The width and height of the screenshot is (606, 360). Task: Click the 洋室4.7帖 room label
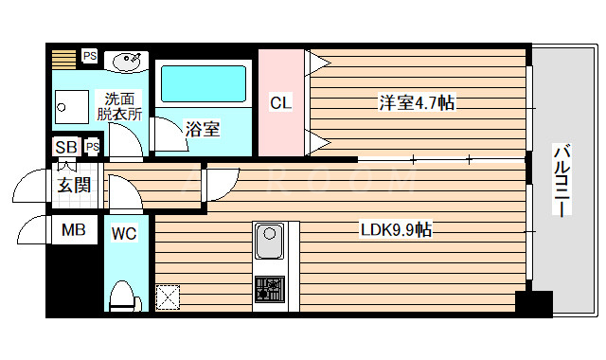click(417, 102)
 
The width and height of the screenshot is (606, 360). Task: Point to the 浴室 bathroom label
click(203, 128)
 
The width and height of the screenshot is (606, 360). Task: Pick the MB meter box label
click(73, 230)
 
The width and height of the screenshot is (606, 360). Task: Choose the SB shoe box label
click(66, 147)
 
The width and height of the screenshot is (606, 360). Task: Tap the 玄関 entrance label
click(74, 184)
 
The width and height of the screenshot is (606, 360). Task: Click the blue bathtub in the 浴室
click(203, 83)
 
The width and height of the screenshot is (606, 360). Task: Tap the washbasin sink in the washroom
click(127, 62)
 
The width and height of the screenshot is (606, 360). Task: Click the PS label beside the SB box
click(92, 147)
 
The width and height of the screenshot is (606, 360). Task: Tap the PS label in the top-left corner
click(89, 56)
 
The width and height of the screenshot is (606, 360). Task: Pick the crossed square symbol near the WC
click(168, 297)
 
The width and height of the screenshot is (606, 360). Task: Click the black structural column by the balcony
click(533, 303)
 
